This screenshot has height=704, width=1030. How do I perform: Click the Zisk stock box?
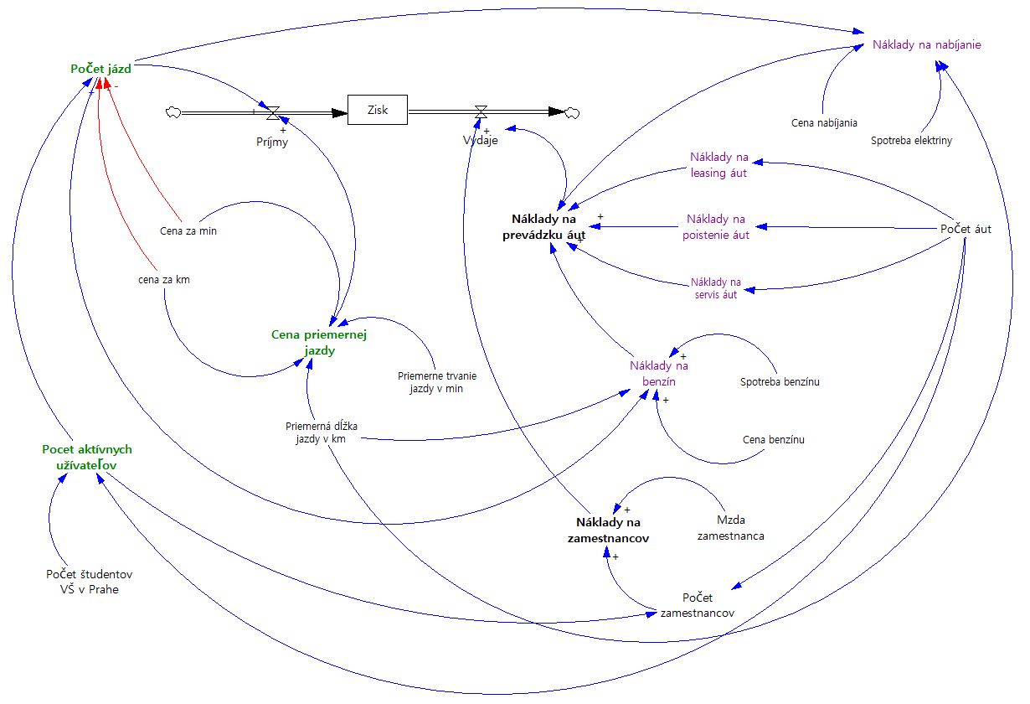(378, 110)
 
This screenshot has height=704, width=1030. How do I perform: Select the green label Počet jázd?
(101, 69)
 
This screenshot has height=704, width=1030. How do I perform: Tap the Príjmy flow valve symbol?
(273, 111)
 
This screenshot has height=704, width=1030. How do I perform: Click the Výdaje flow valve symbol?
(481, 112)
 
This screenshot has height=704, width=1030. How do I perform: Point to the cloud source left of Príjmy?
(174, 111)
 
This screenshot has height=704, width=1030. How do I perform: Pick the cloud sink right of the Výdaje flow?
(574, 112)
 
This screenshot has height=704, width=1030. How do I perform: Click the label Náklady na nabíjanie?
(926, 44)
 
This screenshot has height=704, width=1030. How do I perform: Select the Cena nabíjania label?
(824, 123)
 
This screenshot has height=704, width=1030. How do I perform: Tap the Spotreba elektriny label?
(911, 141)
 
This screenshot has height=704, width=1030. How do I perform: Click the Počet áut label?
(966, 229)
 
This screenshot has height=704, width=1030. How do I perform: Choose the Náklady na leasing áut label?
(718, 165)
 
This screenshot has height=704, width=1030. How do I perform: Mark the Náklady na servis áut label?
(716, 288)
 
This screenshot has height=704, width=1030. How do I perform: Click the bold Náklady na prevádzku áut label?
(548, 227)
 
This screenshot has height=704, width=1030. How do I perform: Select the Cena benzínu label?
(773, 439)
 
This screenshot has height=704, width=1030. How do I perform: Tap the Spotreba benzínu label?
(779, 382)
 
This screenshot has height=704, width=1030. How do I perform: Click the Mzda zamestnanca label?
(730, 527)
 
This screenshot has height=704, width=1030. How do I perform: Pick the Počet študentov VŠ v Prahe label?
(89, 582)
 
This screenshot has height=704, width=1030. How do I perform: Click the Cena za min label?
(188, 231)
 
